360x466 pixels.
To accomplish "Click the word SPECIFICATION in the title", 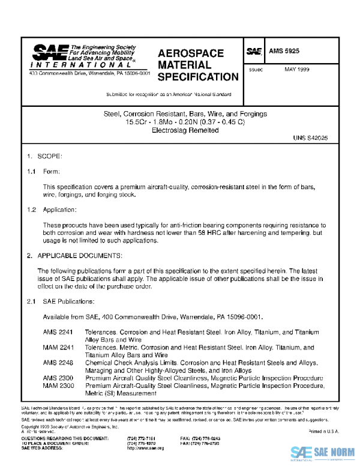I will coord(197,77).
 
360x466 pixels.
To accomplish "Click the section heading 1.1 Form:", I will coord(44,171).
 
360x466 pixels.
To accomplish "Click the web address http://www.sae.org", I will coord(142,449).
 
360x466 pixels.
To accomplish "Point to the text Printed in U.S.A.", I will coord(323,432).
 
